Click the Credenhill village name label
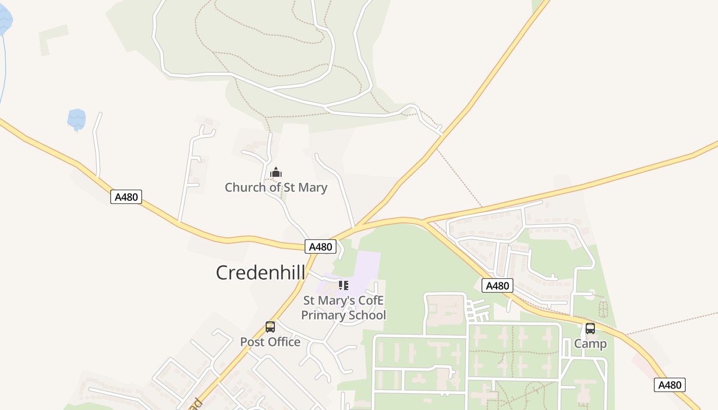pyautogui.click(x=260, y=272)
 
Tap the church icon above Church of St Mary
pyautogui.click(x=276, y=173)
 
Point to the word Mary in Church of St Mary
pyautogui.click(x=312, y=188)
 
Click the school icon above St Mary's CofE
pyautogui.click(x=344, y=285)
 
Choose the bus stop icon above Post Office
pyautogui.click(x=270, y=326)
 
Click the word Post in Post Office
pyautogui.click(x=252, y=342)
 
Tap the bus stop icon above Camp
pyautogui.click(x=590, y=329)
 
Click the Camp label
pyautogui.click(x=590, y=343)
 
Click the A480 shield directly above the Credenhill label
pyautogui.click(x=321, y=247)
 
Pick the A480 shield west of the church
pyautogui.click(x=126, y=197)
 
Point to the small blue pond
pyautogui.click(x=76, y=119)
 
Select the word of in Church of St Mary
pyautogui.click(x=276, y=188)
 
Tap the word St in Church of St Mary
pyautogui.click(x=290, y=188)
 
